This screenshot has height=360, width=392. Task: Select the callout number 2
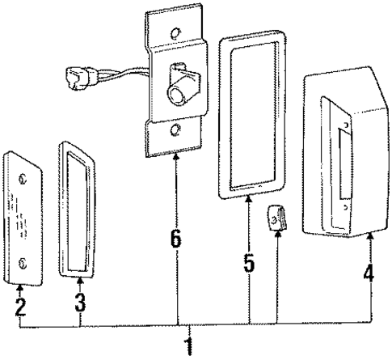point(20,307)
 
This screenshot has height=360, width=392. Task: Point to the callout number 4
point(369,273)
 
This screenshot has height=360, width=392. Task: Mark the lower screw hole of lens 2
point(22,260)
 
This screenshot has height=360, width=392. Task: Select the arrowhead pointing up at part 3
point(81,282)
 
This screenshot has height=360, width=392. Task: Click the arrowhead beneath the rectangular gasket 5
point(249,204)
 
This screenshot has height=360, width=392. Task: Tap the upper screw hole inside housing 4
point(345,126)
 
